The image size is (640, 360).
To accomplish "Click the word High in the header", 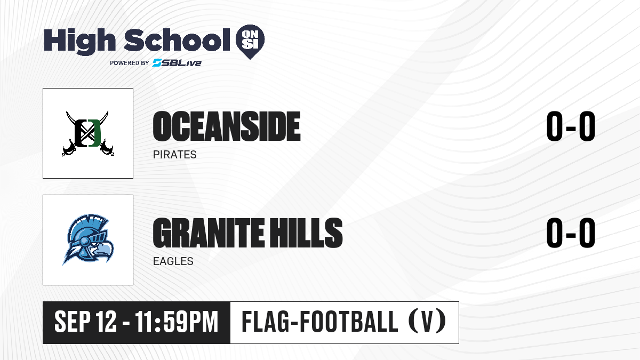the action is tap(79, 42).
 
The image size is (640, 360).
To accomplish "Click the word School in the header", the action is tap(177, 40).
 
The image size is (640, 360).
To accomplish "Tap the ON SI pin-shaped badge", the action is tap(250, 42).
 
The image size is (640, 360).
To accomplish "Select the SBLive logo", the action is tap(177, 63).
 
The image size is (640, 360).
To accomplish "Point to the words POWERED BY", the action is tap(130, 63).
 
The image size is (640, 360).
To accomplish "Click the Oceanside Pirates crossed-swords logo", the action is tap(88, 133).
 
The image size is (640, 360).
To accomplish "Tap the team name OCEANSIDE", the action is tap(227, 126).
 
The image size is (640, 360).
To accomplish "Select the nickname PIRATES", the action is tap(174, 155).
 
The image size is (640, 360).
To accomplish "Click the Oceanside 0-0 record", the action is tap(571, 126).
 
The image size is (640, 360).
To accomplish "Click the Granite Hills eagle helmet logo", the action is tap(88, 239).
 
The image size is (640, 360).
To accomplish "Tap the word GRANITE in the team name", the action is tap(209, 233).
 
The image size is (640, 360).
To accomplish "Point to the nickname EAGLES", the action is tap(173, 261).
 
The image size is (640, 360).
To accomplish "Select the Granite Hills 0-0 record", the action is tap(571, 233).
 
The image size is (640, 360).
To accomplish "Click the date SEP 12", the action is tap(85, 322).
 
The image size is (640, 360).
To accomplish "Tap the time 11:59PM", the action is tap(177, 322).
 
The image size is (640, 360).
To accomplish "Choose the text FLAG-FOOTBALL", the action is tap(319, 321).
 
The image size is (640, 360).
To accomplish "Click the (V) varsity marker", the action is tap(427, 321).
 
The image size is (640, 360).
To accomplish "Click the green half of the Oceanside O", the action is tap(95, 133).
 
